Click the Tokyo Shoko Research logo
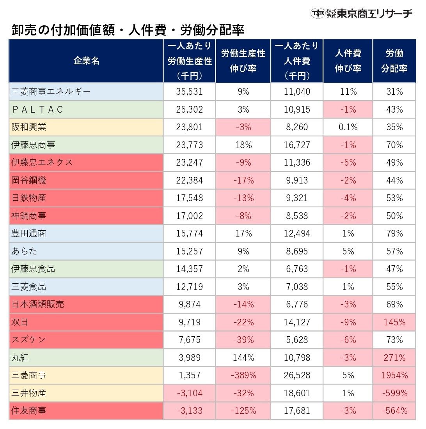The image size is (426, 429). point(361,13)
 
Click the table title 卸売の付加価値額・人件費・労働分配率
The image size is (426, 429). point(128,30)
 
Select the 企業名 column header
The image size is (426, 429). point(86,61)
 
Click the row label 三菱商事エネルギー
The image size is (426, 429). point(51,92)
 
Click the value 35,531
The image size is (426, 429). point(190,92)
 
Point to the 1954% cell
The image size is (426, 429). point(394,375)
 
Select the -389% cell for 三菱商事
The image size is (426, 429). point(243,375)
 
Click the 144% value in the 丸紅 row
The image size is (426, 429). point(243,357)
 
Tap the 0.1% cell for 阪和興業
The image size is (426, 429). point(348,127)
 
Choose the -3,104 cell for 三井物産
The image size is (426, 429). point(190,393)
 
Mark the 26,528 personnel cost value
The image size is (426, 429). point(297,375)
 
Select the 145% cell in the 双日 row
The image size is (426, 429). point(394,322)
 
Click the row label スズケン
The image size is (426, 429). point(29,340)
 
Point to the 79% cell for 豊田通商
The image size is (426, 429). point(394,233)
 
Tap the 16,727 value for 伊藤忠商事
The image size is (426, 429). point(297,145)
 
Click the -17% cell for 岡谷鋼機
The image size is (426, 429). point(243,180)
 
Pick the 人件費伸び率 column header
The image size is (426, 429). point(348,61)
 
